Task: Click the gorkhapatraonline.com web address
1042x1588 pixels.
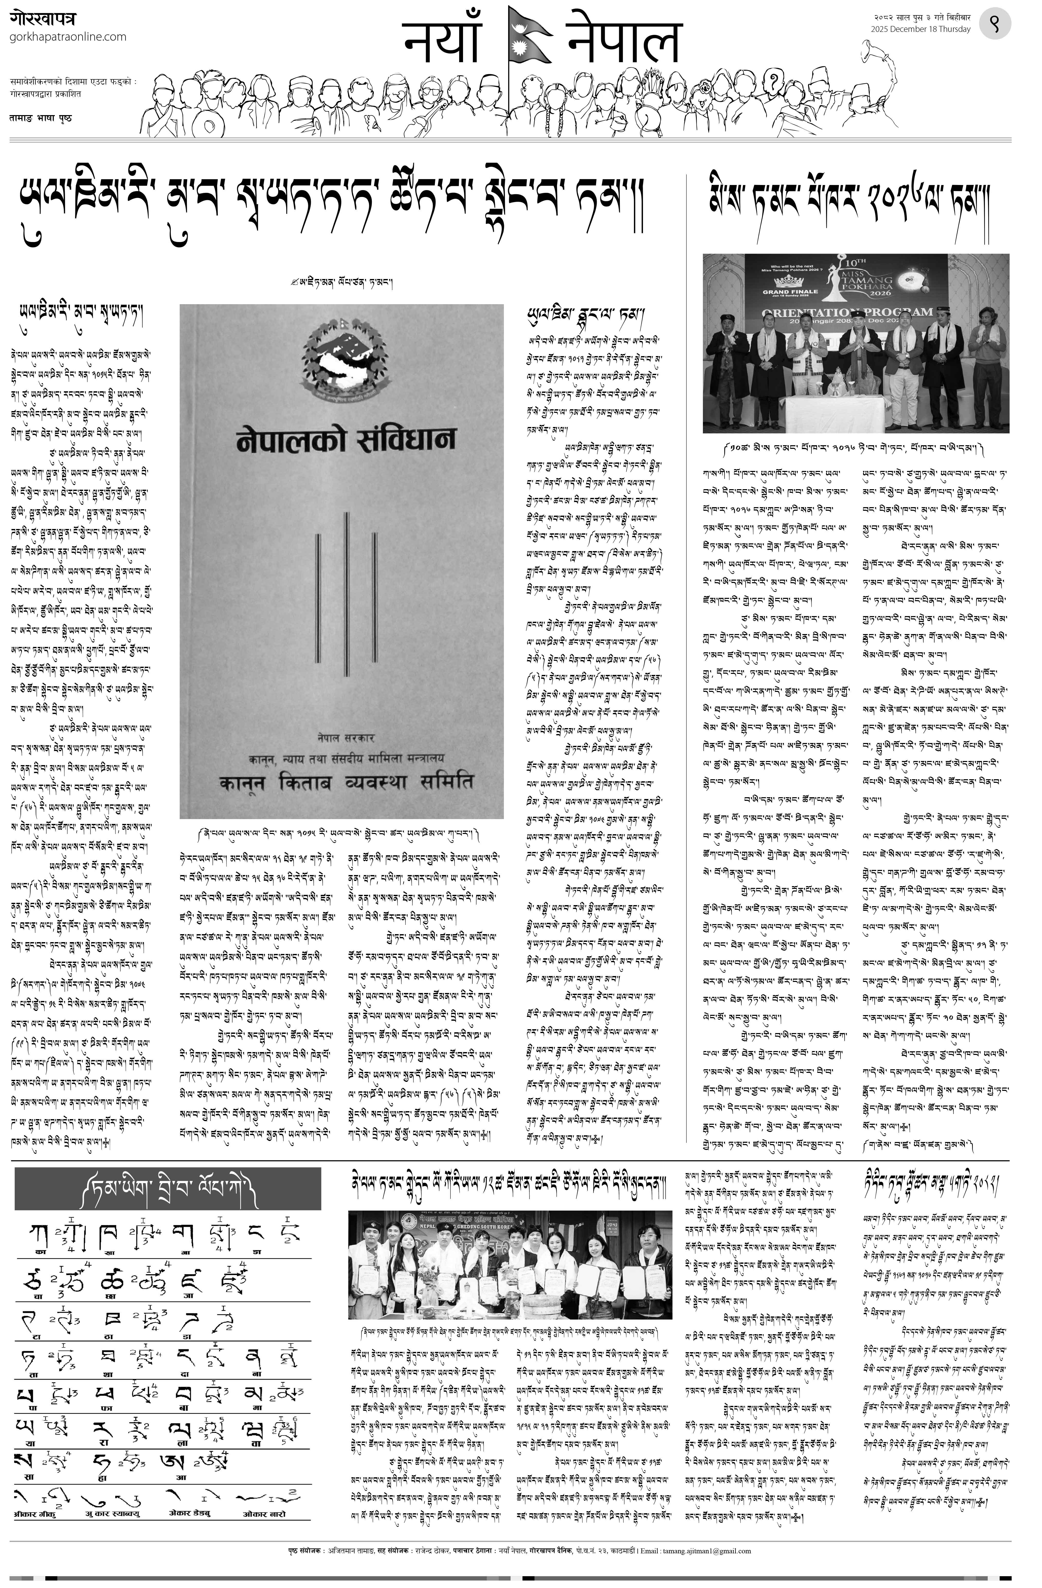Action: point(68,37)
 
